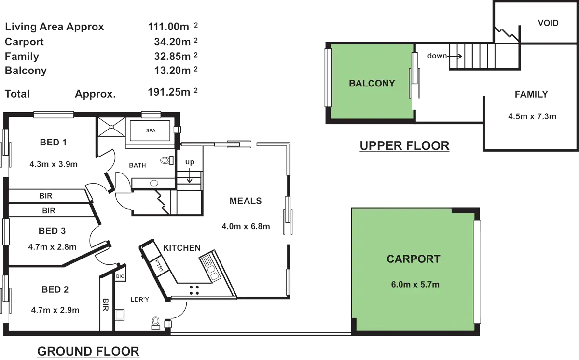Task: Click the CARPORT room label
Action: [414, 259]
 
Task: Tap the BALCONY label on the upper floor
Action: [372, 83]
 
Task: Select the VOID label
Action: [548, 23]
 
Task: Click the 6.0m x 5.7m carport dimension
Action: [415, 285]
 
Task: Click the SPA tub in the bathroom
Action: [150, 131]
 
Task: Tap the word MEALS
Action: [246, 201]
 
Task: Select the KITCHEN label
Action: [181, 248]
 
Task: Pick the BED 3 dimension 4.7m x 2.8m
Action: [52, 247]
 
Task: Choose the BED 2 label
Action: [55, 289]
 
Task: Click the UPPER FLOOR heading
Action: [405, 145]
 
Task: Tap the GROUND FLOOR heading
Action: [88, 351]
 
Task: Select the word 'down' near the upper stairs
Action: [437, 56]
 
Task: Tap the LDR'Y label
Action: [140, 300]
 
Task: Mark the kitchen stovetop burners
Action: [194, 289]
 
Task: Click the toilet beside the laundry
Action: [156, 321]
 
